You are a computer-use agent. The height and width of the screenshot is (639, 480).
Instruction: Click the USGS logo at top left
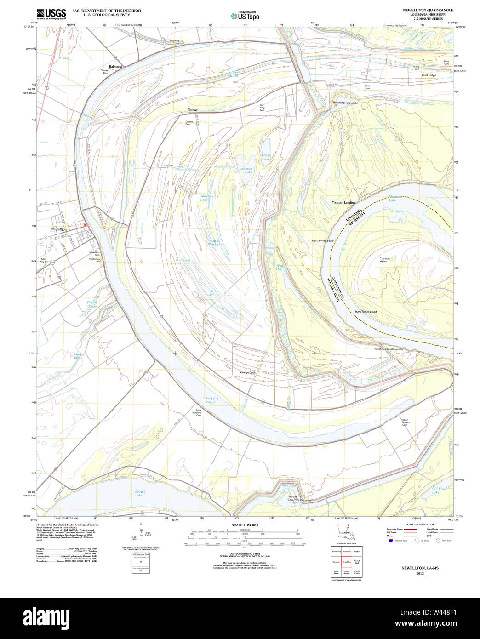pyautogui.click(x=51, y=13)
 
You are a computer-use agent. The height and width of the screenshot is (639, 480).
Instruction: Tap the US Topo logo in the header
pyautogui.click(x=245, y=16)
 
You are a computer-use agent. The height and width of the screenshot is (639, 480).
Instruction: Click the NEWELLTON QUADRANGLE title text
pyautogui.click(x=428, y=10)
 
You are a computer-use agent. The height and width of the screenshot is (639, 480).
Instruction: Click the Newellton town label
pyautogui.click(x=59, y=229)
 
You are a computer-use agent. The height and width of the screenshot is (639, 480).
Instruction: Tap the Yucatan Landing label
pyautogui.click(x=343, y=202)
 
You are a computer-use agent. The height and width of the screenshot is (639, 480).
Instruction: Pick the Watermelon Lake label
pyautogui.click(x=209, y=198)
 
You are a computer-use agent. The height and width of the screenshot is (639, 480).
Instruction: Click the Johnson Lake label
pyautogui.click(x=246, y=171)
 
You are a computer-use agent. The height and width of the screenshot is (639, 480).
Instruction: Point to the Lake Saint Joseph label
pyautogui.click(x=210, y=400)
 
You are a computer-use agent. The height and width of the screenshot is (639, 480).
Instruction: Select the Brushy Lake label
pyautogui.click(x=140, y=494)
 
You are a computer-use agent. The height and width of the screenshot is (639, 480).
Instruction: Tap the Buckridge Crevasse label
pyautogui.click(x=345, y=103)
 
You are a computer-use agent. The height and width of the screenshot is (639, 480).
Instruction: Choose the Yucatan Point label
pyautogui.click(x=385, y=260)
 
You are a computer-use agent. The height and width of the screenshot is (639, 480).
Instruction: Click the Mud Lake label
pyautogui.click(x=183, y=260)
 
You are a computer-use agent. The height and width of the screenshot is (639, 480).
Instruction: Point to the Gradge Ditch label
pyautogui.click(x=247, y=372)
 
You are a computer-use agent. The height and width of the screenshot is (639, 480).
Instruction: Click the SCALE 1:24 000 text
pyautogui.click(x=245, y=525)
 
